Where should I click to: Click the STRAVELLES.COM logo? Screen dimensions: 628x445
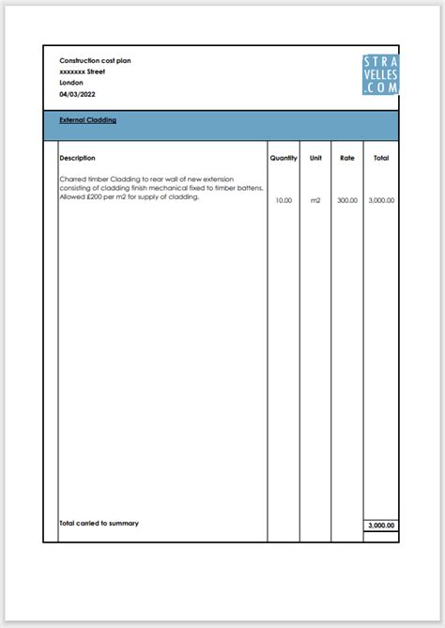click(380, 74)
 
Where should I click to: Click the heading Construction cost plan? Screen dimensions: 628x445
click(95, 60)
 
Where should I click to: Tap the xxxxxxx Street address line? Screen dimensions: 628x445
click(82, 71)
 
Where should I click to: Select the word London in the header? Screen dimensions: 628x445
click(71, 83)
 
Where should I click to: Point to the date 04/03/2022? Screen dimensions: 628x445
click(77, 94)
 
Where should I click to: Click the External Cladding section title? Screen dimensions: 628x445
click(87, 120)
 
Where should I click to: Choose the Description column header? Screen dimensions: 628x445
click(77, 158)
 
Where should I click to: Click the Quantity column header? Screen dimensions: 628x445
click(284, 158)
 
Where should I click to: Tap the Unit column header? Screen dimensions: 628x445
click(315, 158)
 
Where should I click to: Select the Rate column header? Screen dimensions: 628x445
click(347, 158)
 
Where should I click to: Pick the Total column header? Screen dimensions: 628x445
click(381, 158)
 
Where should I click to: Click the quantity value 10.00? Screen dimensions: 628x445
click(284, 200)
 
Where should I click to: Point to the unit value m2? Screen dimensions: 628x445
click(315, 200)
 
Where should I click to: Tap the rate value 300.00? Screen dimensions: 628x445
click(347, 200)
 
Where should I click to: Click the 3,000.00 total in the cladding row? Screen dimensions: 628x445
click(381, 200)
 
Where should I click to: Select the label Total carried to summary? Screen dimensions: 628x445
click(99, 523)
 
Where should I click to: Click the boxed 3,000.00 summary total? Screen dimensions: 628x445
click(381, 526)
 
